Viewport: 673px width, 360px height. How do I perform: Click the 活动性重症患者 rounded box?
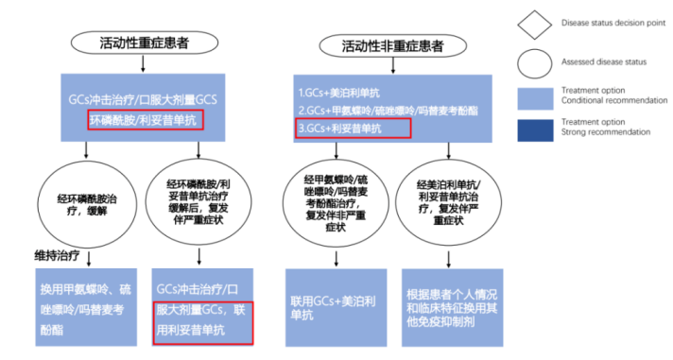(143, 43)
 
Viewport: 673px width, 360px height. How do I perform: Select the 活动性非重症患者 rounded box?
(394, 44)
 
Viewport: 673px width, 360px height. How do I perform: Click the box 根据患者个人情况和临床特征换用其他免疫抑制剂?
(451, 304)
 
